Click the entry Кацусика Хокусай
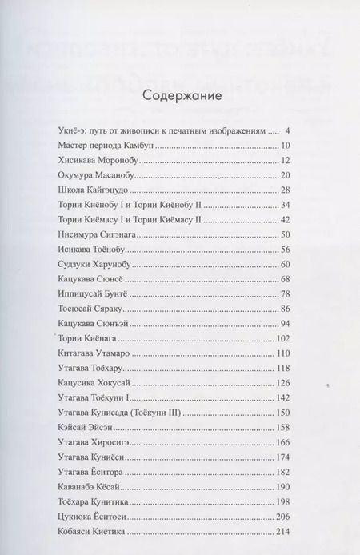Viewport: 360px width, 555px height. (x=96, y=382)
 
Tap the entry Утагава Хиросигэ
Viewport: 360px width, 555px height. (x=95, y=441)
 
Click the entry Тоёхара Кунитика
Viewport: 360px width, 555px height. (x=97, y=501)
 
